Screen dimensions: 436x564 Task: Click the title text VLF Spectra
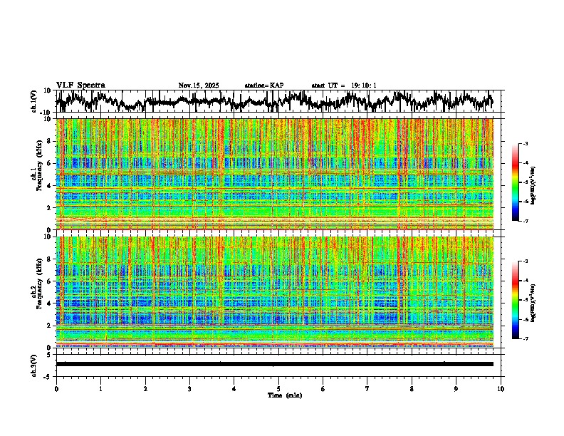tap(80, 85)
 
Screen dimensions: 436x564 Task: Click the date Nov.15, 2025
tap(199, 85)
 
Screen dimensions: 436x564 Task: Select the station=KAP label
tap(264, 85)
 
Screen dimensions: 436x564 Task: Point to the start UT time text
tap(344, 85)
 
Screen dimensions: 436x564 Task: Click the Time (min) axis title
tap(278, 395)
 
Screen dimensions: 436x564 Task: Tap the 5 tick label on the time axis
tap(278, 388)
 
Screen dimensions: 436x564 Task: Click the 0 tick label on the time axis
tap(56, 388)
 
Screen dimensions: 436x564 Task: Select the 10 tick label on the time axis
tap(501, 388)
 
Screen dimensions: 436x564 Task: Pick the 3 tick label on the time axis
tap(189, 388)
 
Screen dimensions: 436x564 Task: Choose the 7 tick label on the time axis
tap(367, 388)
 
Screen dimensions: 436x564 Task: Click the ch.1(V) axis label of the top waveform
tap(34, 101)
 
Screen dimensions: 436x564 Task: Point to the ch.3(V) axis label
tap(34, 364)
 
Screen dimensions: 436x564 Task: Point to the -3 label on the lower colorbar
tap(534, 262)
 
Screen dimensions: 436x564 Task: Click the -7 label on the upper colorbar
tap(534, 222)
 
